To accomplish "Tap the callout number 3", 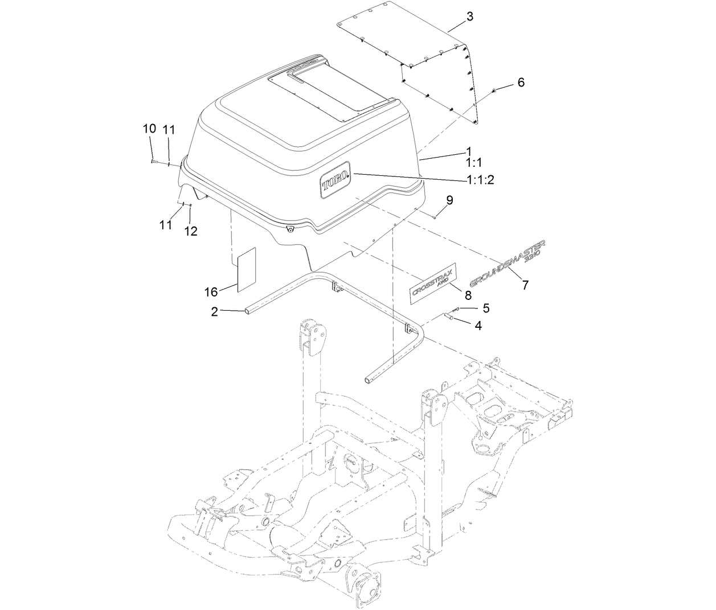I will [x=469, y=17].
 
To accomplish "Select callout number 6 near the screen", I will [x=521, y=83].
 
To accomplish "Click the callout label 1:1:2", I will [x=480, y=180].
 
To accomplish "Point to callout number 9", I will [x=449, y=200].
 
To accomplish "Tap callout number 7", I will [x=525, y=285].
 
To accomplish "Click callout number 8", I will [x=468, y=295].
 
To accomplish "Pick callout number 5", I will [x=485, y=308].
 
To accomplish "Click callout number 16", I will [x=211, y=292].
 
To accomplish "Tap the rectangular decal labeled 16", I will [x=247, y=269].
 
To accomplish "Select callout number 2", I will [x=214, y=311].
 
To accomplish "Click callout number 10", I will [x=149, y=129].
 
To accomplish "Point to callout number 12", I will [x=191, y=231].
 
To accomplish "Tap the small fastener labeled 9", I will [x=434, y=216].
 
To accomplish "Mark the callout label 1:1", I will [x=473, y=163].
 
